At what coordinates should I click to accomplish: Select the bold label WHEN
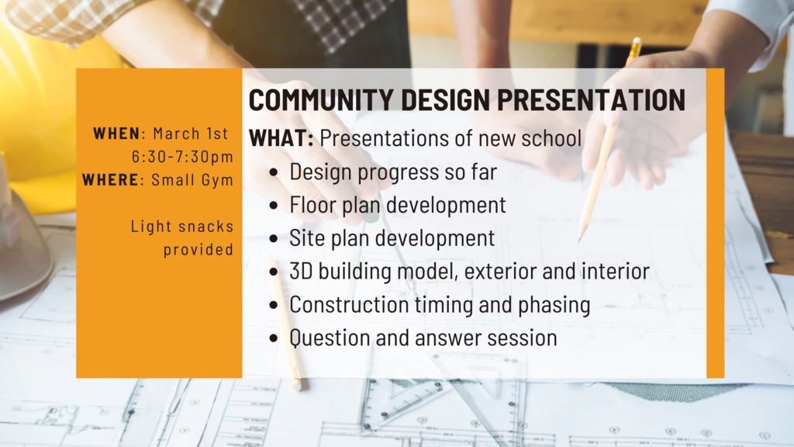click(117, 133)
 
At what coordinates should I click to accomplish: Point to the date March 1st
click(191, 133)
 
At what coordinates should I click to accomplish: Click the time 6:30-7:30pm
click(182, 157)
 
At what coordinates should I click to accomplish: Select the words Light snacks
click(181, 227)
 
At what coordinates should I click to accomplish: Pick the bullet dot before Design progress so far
click(274, 173)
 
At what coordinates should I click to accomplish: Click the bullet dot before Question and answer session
click(274, 339)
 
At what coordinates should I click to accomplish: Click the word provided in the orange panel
click(198, 250)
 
